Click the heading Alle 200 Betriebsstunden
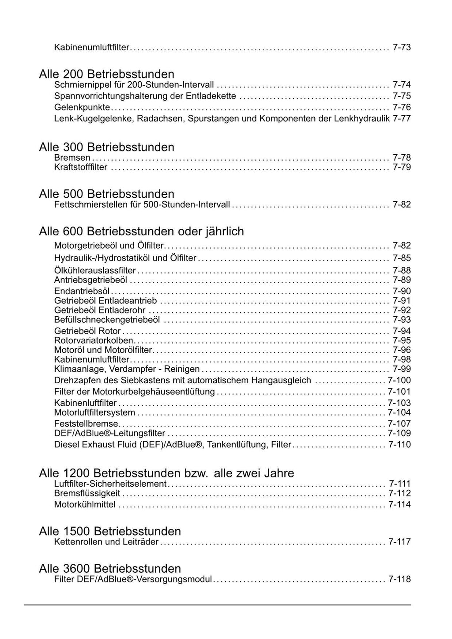pos(106,74)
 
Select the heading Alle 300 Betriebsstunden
pos(106,147)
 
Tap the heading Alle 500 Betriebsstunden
pos(106,193)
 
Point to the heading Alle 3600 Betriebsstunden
pos(110,568)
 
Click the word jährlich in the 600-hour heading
pos(224,231)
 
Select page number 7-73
pos(402,47)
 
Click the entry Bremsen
pos(72,158)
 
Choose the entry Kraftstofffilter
pos(80,167)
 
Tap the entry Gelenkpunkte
pos(82,107)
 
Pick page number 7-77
pos(402,118)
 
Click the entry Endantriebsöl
pos(82,291)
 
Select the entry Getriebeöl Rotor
pos(87,331)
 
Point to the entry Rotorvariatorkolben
pos(94,340)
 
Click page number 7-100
pos(399,381)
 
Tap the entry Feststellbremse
pos(86,424)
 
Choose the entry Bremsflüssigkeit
pos(87,493)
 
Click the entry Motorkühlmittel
pos(85,504)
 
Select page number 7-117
pos(399,542)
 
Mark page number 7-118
pos(399,579)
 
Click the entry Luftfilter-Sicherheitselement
pos(110,484)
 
